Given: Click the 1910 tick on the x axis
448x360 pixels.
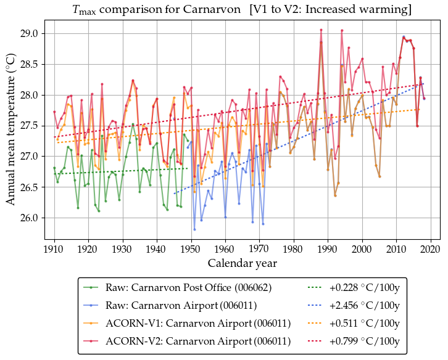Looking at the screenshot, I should pos(54,249).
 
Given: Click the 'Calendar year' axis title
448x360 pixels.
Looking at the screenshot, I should pos(242,263).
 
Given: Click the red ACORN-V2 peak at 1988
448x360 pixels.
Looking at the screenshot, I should pos(321,30).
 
